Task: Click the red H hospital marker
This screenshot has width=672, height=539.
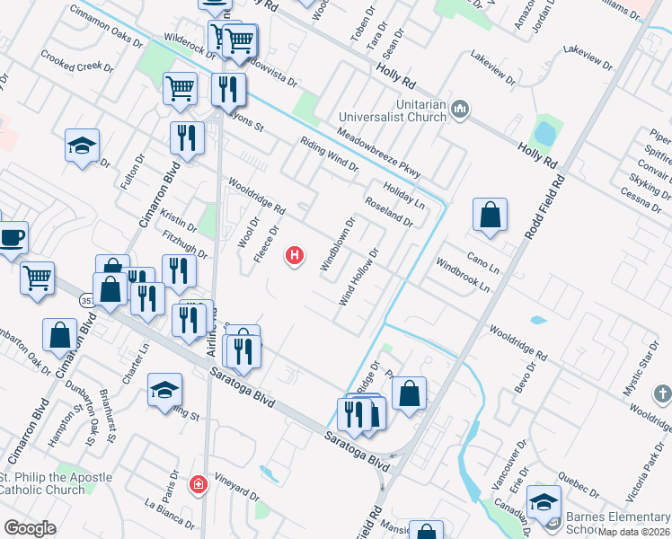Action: click(294, 257)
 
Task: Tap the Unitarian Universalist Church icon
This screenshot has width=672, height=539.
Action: click(461, 110)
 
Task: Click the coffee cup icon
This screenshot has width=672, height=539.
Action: click(11, 237)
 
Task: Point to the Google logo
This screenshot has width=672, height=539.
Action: click(30, 528)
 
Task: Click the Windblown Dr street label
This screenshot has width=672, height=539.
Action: click(339, 243)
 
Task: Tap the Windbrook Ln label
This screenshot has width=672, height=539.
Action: click(463, 277)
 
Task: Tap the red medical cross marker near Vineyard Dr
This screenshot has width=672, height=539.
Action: click(198, 485)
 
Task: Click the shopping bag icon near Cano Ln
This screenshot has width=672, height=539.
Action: click(490, 216)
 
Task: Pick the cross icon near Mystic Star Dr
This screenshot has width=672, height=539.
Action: click(662, 393)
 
